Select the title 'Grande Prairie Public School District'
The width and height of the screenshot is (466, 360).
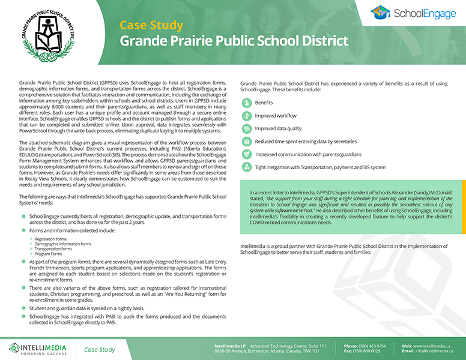point(234,41)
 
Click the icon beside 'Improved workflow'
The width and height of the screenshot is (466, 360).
point(246,115)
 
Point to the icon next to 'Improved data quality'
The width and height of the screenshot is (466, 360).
point(246,128)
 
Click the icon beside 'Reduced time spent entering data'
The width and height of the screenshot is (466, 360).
point(246,141)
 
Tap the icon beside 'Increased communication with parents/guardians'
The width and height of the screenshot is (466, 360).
point(246,154)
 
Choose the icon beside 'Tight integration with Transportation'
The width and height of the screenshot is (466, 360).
point(246,167)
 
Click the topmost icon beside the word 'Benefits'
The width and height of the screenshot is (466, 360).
point(246,103)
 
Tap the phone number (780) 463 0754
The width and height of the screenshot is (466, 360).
point(374,346)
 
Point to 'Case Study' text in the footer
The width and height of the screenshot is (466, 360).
point(99,349)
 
